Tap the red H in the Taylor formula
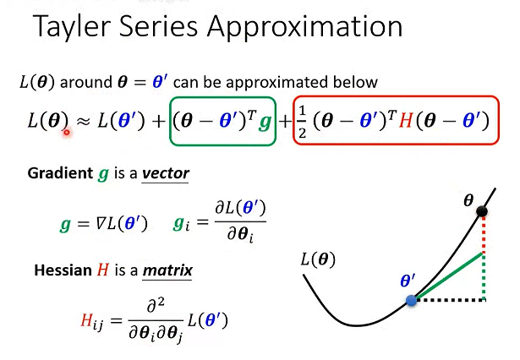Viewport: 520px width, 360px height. click(407, 122)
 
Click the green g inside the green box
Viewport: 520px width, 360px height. click(264, 123)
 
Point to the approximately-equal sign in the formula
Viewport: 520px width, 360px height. click(84, 122)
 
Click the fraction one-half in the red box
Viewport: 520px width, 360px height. click(304, 123)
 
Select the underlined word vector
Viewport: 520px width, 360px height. click(166, 174)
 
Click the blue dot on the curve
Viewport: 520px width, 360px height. click(411, 300)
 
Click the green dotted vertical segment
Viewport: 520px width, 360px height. click(483, 276)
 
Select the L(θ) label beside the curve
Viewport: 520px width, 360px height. click(318, 259)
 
